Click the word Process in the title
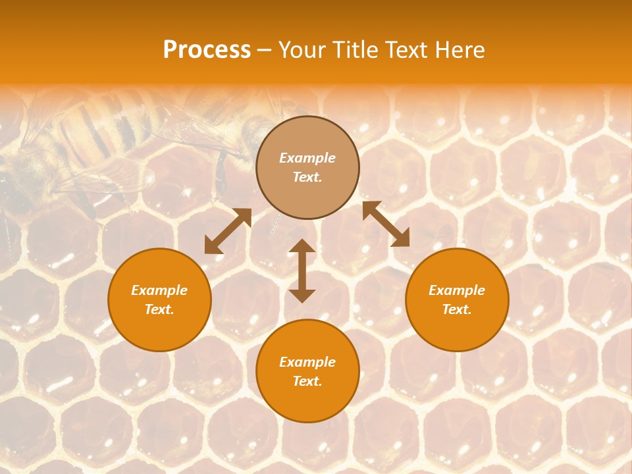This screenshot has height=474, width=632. (x=207, y=49)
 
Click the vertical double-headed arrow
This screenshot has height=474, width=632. (x=302, y=271)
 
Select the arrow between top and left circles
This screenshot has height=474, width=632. (x=228, y=231)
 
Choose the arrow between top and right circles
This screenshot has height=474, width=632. (x=386, y=224)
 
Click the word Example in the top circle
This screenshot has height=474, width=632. (x=307, y=158)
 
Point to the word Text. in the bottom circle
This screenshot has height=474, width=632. (x=307, y=381)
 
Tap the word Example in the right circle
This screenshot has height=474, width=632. (x=457, y=290)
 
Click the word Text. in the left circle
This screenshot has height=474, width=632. (x=159, y=309)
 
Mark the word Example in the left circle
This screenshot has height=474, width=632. (x=159, y=290)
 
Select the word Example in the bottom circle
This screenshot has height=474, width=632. (x=307, y=362)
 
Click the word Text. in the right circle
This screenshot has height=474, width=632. (x=457, y=309)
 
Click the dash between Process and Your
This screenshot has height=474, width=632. (x=265, y=50)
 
